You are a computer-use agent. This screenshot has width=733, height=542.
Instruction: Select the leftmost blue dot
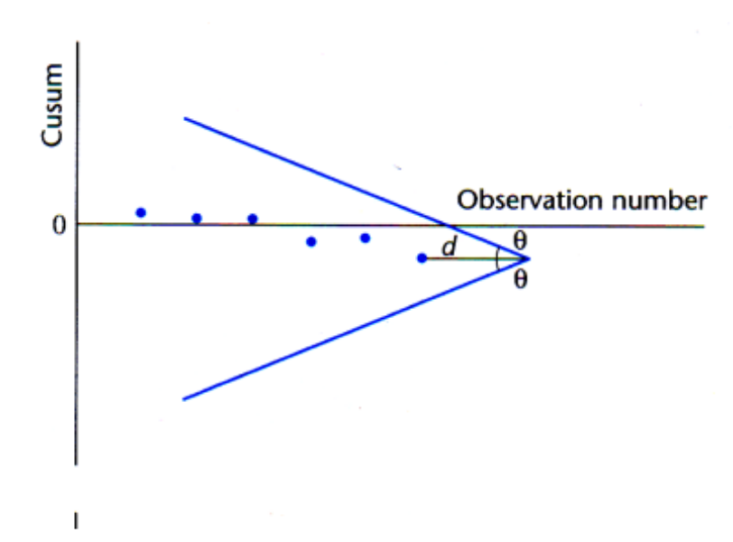click(140, 212)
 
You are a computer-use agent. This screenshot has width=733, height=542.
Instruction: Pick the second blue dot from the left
click(197, 218)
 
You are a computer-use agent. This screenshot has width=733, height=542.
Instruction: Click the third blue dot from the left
click(253, 219)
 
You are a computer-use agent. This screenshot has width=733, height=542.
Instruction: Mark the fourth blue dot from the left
click(311, 241)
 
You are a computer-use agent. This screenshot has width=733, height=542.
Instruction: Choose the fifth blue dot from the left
click(365, 238)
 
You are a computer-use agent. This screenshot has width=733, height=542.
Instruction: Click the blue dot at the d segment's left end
click(422, 258)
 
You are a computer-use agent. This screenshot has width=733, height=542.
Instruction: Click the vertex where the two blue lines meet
click(529, 258)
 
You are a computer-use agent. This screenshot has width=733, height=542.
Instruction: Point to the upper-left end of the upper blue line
click(184, 118)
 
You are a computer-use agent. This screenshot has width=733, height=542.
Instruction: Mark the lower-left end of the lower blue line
click(184, 398)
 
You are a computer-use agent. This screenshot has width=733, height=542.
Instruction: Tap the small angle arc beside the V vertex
click(498, 258)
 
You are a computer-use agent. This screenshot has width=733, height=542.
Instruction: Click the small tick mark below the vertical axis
click(77, 520)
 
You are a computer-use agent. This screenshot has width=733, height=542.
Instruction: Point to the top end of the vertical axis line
click(78, 42)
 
